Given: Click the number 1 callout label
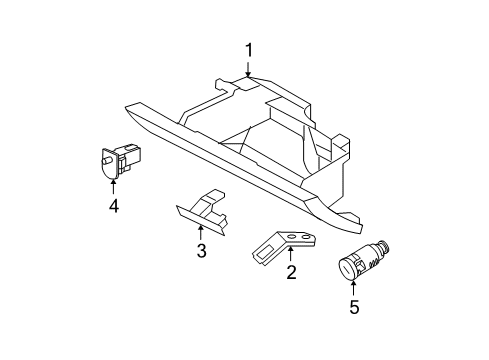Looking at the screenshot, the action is coord(248,49).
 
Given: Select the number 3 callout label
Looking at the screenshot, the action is coord(201,250).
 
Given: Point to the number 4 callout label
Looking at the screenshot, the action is coord(114,206).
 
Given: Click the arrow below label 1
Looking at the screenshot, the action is coord(248,69).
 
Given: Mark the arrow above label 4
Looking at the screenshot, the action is coord(114,186).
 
